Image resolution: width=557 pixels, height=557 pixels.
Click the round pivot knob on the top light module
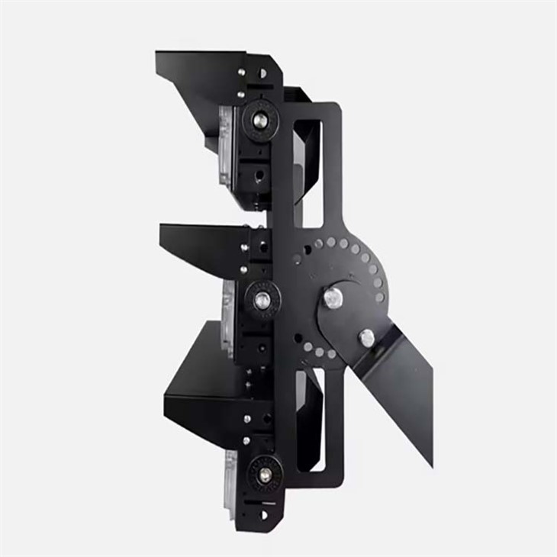pos(259,120)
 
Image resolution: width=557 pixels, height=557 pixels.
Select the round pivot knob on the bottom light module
pos(264,474)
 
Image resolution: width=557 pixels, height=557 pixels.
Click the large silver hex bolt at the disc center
pos(333,298)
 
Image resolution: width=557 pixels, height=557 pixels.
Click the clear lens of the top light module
pos(225,145)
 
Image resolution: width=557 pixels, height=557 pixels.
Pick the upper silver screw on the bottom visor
pos(246,419)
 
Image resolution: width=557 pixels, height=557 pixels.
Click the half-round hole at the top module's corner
pos(263,74)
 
